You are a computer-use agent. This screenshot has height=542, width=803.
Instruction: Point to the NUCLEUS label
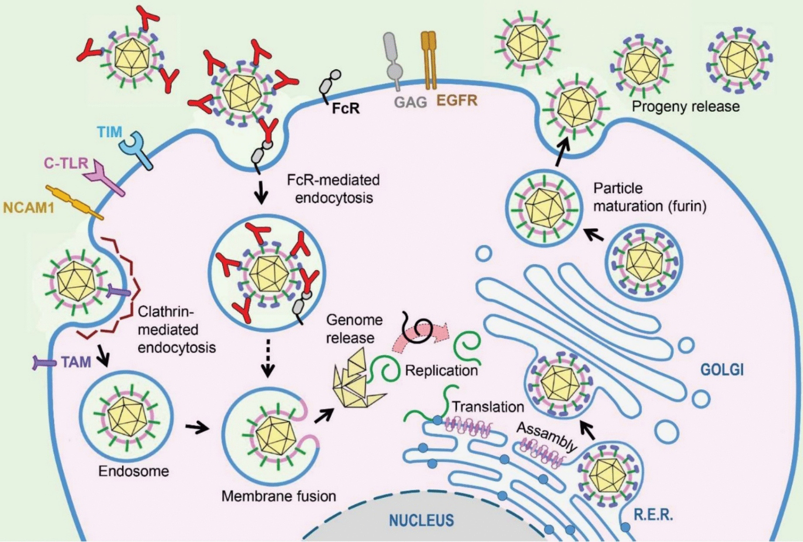[x=421, y=520]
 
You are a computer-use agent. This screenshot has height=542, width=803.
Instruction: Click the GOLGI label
[x=722, y=370]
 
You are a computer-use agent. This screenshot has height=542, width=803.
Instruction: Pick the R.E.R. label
[x=653, y=515]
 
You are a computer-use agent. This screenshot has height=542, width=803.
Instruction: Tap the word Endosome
[x=134, y=471]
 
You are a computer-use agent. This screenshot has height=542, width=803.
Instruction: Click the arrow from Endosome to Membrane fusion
[x=197, y=428]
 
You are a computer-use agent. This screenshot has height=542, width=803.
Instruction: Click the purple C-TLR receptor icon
[x=105, y=179]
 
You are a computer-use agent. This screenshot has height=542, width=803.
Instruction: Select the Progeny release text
[x=686, y=106]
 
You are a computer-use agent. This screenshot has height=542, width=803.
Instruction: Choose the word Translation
[x=487, y=407]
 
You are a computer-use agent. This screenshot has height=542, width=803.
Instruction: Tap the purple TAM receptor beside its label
[x=44, y=362]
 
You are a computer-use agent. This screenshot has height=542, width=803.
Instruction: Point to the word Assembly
[x=547, y=436]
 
